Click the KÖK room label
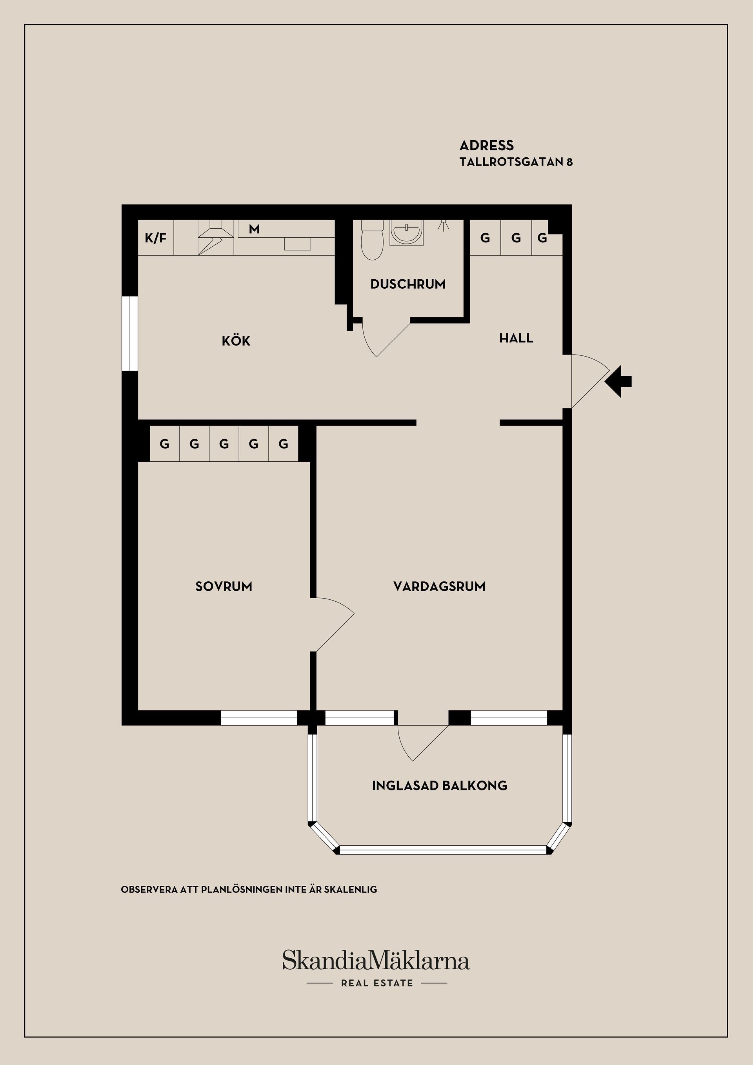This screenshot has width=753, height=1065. point(236,341)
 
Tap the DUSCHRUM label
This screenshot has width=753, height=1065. point(407,284)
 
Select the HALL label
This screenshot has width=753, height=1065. point(516,338)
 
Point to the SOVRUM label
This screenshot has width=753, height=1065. point(224,586)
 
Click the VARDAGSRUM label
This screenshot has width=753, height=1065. point(439,586)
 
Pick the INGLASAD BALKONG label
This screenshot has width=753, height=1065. point(439,785)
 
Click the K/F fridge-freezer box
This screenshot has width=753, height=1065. point(156,238)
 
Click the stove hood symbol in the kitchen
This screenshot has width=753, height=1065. point(216,237)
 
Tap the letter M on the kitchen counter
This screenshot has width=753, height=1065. point(254,229)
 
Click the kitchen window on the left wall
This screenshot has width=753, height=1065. point(130,333)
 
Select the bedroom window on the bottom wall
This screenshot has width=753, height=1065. point(258,717)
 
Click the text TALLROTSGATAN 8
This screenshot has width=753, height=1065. point(516,162)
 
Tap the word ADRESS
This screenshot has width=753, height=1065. point(486,146)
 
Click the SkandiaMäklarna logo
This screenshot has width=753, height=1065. point(376,960)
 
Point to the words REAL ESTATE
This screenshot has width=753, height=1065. point(376,983)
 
